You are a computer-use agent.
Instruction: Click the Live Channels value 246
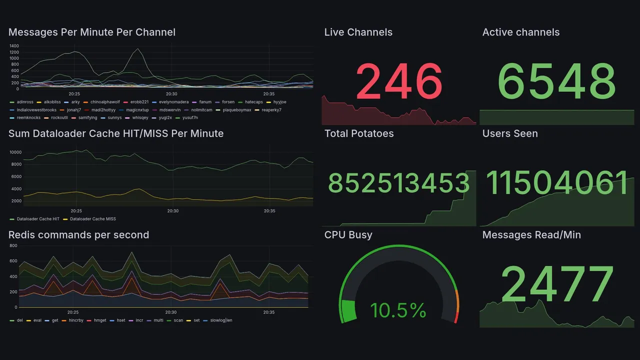tap(399, 81)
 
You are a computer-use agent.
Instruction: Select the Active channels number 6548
tap(557, 81)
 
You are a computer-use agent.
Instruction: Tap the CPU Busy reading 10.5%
tap(398, 311)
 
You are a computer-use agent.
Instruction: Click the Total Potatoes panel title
tap(359, 133)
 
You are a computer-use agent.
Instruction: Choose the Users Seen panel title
tap(510, 133)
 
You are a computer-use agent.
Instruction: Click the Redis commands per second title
tap(78, 235)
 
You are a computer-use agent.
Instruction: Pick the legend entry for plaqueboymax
tap(235, 110)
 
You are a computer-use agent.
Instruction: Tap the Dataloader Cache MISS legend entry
tap(92, 219)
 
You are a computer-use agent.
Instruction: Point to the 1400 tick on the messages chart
tap(14, 46)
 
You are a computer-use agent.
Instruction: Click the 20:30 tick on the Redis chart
tap(171, 312)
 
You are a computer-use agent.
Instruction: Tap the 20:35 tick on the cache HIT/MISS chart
tap(269, 211)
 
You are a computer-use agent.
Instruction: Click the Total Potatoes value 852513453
tap(398, 183)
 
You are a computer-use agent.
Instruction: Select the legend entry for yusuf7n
tap(189, 117)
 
